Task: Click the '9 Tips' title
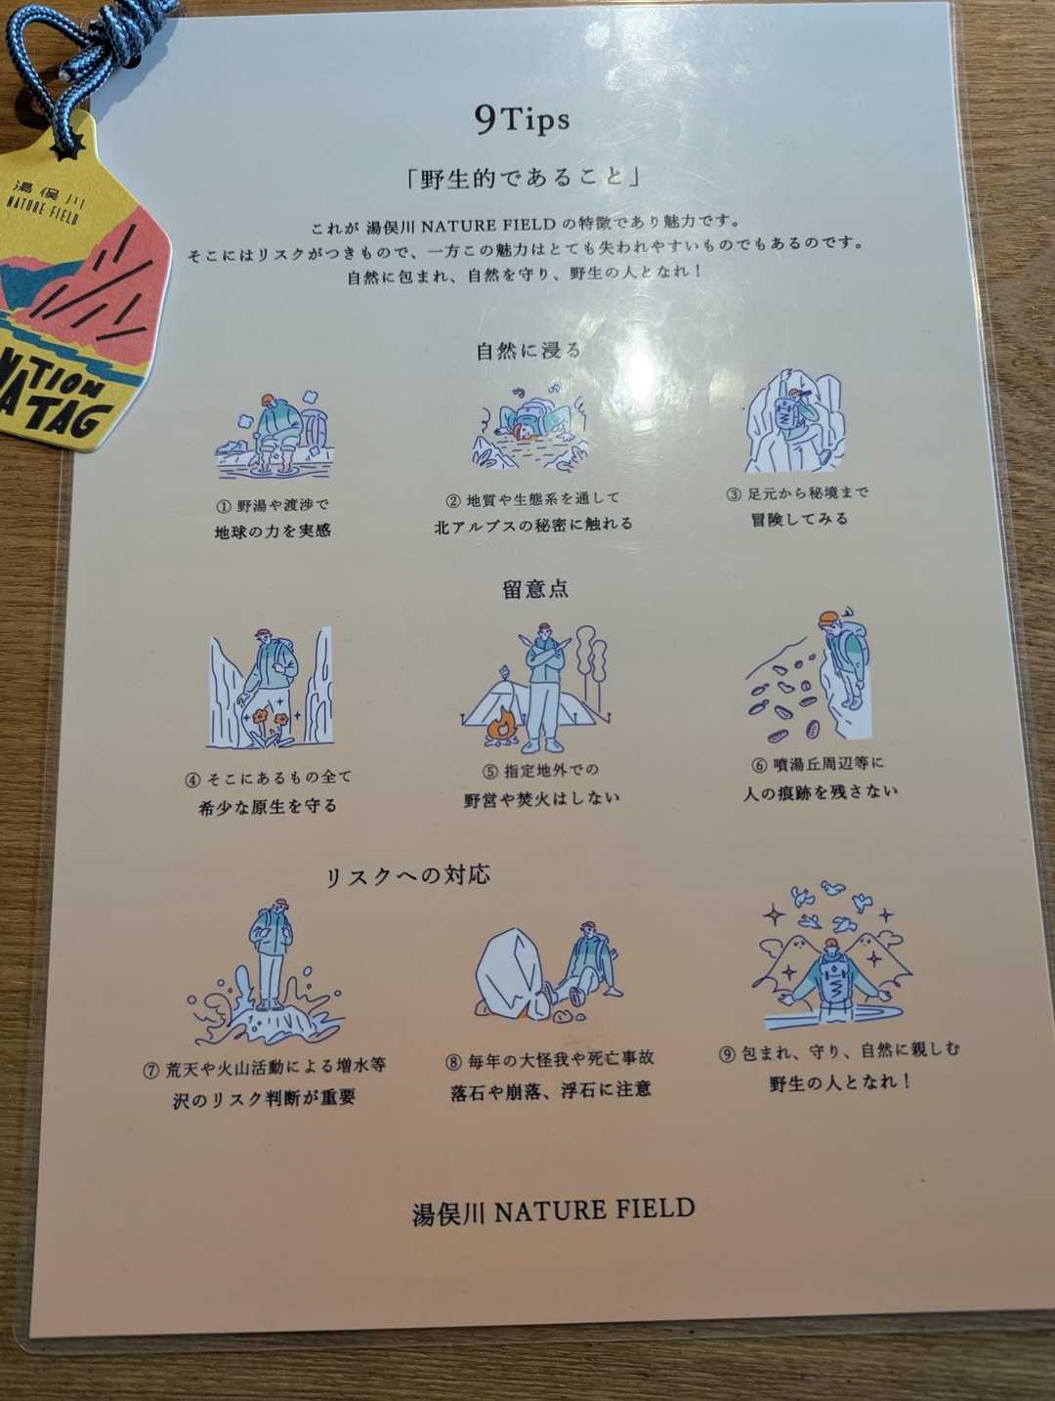[x=522, y=119]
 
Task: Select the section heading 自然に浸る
[x=529, y=350]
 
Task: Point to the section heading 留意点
[x=535, y=588]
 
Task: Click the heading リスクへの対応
[x=407, y=875]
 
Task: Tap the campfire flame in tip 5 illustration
[x=503, y=726]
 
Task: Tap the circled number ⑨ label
[x=727, y=1054]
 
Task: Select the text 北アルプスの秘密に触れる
[x=533, y=525]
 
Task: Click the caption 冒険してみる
[x=800, y=519]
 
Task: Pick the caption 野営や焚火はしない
[x=542, y=798]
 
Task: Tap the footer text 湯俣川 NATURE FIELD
[x=553, y=1211]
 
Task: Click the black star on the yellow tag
[x=66, y=149]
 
